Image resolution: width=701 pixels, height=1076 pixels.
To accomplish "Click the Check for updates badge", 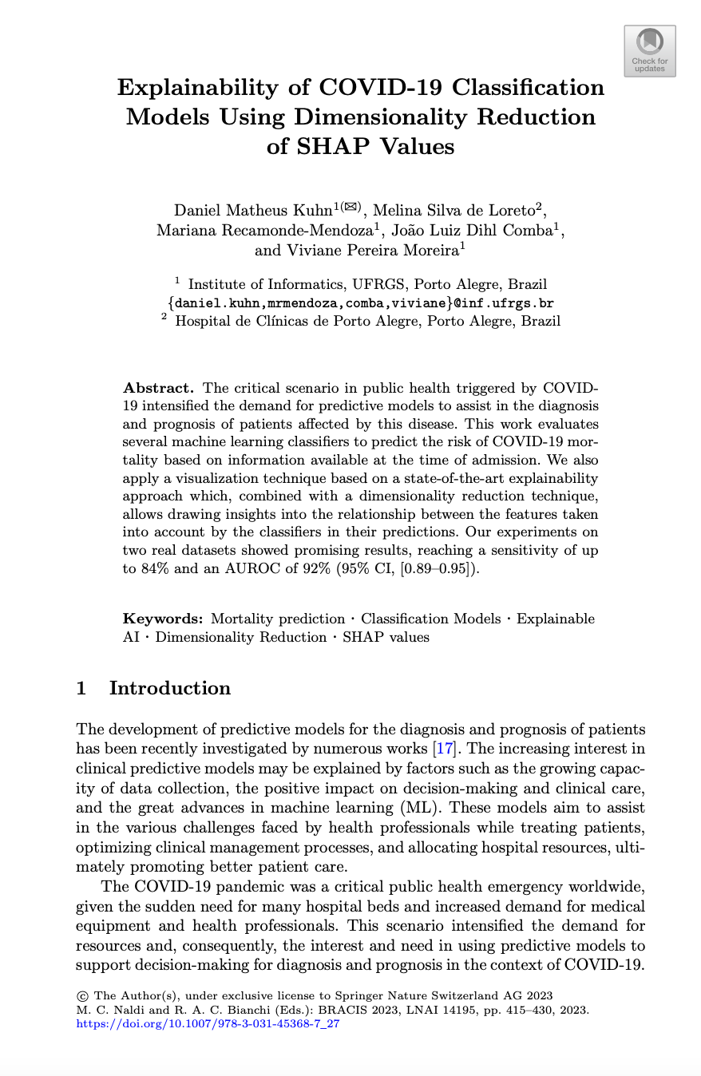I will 649,50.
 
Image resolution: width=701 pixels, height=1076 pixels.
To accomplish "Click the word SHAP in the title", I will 323,147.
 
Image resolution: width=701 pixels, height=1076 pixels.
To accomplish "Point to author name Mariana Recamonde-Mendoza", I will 262,231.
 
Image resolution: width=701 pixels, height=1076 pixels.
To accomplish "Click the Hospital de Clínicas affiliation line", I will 367,322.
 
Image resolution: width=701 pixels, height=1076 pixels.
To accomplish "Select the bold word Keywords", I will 162,619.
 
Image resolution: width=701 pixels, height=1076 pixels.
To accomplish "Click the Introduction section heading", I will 169,688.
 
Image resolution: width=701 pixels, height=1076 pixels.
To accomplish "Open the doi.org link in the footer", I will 208,1023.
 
